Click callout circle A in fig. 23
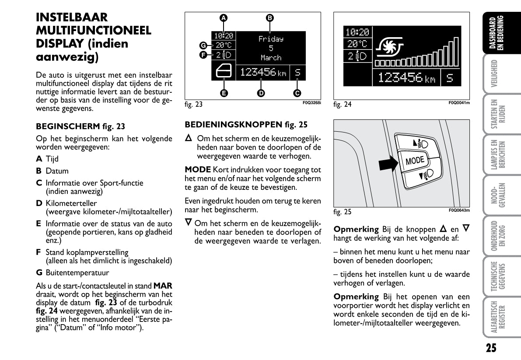223,18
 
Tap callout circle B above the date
270,18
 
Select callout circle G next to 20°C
203,45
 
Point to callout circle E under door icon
224,93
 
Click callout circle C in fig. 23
297,93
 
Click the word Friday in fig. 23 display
271,39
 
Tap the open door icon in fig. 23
224,71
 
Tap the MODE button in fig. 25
415,161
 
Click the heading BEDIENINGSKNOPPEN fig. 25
246,125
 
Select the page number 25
491,348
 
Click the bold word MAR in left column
163,285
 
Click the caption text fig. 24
342,105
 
